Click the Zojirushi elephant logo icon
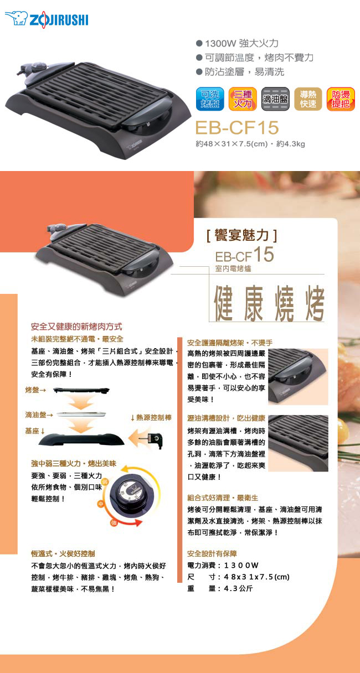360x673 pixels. (16, 18)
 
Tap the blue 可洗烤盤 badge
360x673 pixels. (210, 99)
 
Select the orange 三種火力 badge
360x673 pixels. (243, 99)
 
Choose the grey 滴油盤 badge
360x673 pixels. (275, 99)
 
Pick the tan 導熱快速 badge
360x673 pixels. (308, 99)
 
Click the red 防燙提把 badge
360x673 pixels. (341, 99)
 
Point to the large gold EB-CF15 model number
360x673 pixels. (237, 127)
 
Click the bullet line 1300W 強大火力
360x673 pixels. (237, 43)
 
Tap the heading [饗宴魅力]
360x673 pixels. (241, 235)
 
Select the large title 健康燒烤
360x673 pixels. (269, 303)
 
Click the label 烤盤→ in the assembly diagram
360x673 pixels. (35, 390)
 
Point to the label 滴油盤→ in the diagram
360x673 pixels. (39, 415)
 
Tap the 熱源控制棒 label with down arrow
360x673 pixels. (151, 418)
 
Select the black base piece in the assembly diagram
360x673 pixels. (81, 439)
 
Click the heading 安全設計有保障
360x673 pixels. (212, 553)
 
